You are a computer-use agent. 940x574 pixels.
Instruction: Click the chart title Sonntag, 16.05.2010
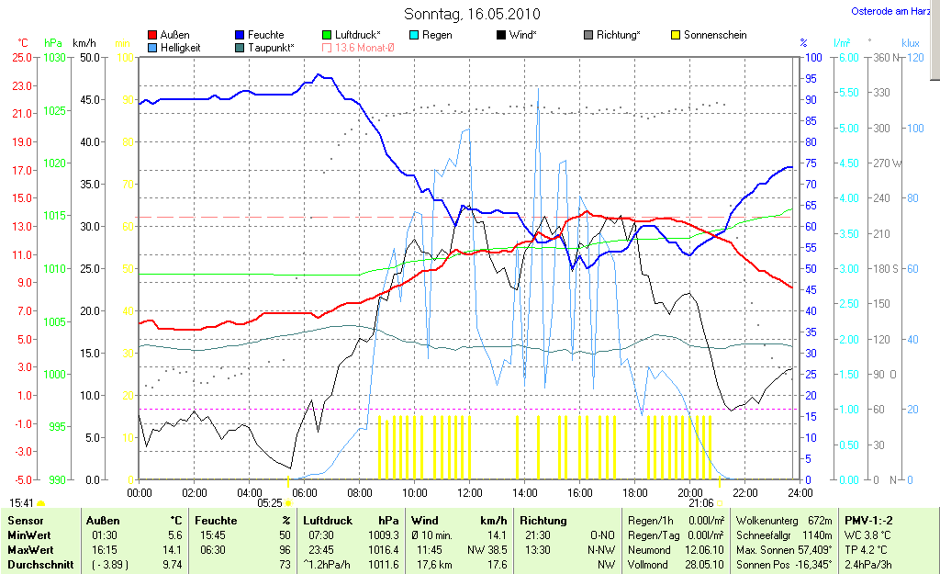(x=472, y=14)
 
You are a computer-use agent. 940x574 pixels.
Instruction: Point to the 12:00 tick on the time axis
(x=469, y=493)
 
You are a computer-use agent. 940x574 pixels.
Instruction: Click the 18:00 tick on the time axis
(x=634, y=493)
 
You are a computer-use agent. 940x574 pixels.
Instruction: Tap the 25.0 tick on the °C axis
(x=21, y=57)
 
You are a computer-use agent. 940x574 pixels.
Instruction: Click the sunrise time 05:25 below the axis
(x=269, y=503)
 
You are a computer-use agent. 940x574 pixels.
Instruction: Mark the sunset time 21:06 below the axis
(x=700, y=503)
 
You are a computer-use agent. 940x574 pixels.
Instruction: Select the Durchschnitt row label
(x=40, y=565)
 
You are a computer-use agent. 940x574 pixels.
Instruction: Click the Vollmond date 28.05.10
(x=704, y=565)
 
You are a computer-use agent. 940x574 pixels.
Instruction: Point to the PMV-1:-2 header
(x=867, y=521)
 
